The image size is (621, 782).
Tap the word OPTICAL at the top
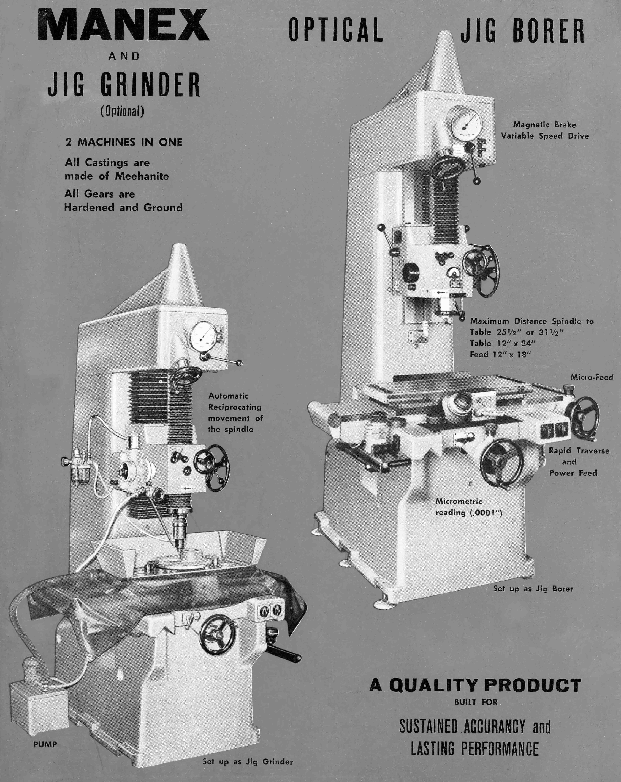coord(336,29)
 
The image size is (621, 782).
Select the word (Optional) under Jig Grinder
coord(122,111)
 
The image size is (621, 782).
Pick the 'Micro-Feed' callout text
coord(592,377)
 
